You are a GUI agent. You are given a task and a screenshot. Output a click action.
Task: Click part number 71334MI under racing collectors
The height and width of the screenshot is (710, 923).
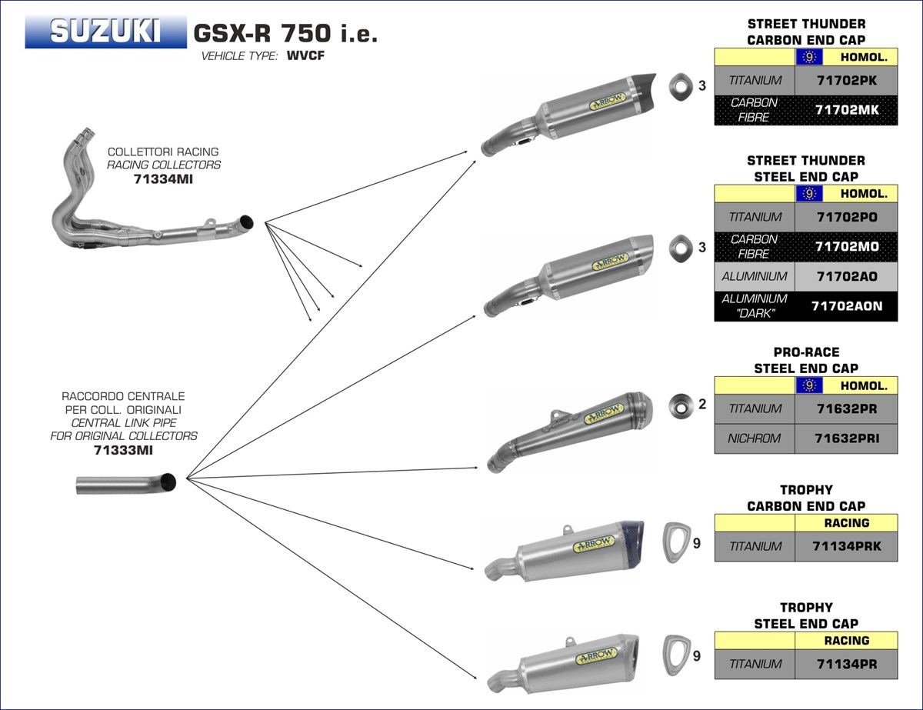[164, 178]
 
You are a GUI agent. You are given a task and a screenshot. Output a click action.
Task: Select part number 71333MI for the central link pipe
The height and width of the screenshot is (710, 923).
[123, 450]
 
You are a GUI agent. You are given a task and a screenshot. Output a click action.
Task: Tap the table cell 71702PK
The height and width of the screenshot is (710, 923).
[845, 80]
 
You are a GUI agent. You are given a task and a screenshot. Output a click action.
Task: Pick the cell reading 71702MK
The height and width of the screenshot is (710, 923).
[845, 110]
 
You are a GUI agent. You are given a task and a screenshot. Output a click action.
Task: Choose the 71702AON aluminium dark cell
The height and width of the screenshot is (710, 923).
[847, 306]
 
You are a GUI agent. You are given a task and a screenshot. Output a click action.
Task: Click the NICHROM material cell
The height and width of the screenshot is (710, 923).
[754, 438]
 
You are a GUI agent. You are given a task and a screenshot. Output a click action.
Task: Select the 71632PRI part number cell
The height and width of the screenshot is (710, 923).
[845, 438]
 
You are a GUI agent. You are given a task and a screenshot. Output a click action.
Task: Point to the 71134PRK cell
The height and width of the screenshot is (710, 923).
[845, 546]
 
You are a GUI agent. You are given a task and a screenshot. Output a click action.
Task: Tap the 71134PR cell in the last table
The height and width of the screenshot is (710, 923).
[845, 664]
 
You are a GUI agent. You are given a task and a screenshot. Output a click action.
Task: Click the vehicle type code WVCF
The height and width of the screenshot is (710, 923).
[305, 56]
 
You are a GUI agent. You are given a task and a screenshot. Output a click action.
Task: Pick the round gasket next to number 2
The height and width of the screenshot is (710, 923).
[681, 404]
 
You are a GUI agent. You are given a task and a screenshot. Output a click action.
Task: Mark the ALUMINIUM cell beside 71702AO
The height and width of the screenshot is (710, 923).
[754, 276]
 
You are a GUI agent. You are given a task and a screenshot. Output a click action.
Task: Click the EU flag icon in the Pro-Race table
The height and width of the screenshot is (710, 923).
[808, 385]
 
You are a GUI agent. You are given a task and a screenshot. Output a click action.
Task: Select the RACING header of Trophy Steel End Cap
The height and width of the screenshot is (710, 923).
[845, 640]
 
